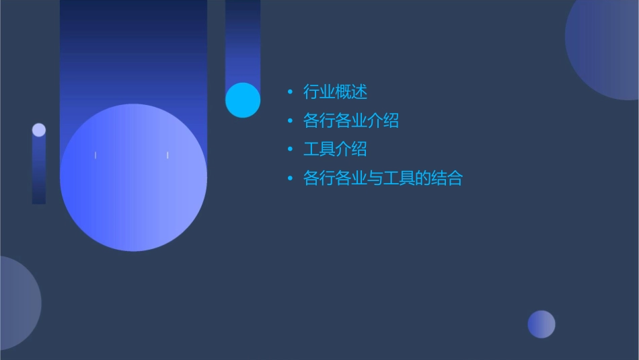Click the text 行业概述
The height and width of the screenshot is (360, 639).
[335, 92]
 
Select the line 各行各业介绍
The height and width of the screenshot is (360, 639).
[351, 120]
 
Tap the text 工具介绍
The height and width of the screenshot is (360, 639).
[335, 149]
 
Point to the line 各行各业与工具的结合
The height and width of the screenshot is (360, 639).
[383, 178]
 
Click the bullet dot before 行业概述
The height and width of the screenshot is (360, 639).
[290, 92]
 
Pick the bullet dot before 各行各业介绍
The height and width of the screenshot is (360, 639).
[290, 120]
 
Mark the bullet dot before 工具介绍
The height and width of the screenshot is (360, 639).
[290, 149]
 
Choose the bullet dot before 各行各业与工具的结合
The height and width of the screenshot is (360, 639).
[290, 178]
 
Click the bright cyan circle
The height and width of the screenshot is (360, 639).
[243, 100]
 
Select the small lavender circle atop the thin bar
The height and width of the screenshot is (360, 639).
[39, 130]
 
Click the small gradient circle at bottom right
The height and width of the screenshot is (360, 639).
[541, 324]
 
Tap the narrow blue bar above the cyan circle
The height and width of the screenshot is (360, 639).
[243, 40]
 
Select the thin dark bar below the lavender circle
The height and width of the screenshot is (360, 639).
[39, 172]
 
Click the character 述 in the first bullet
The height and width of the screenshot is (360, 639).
[360, 92]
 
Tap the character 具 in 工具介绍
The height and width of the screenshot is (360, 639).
[327, 149]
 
